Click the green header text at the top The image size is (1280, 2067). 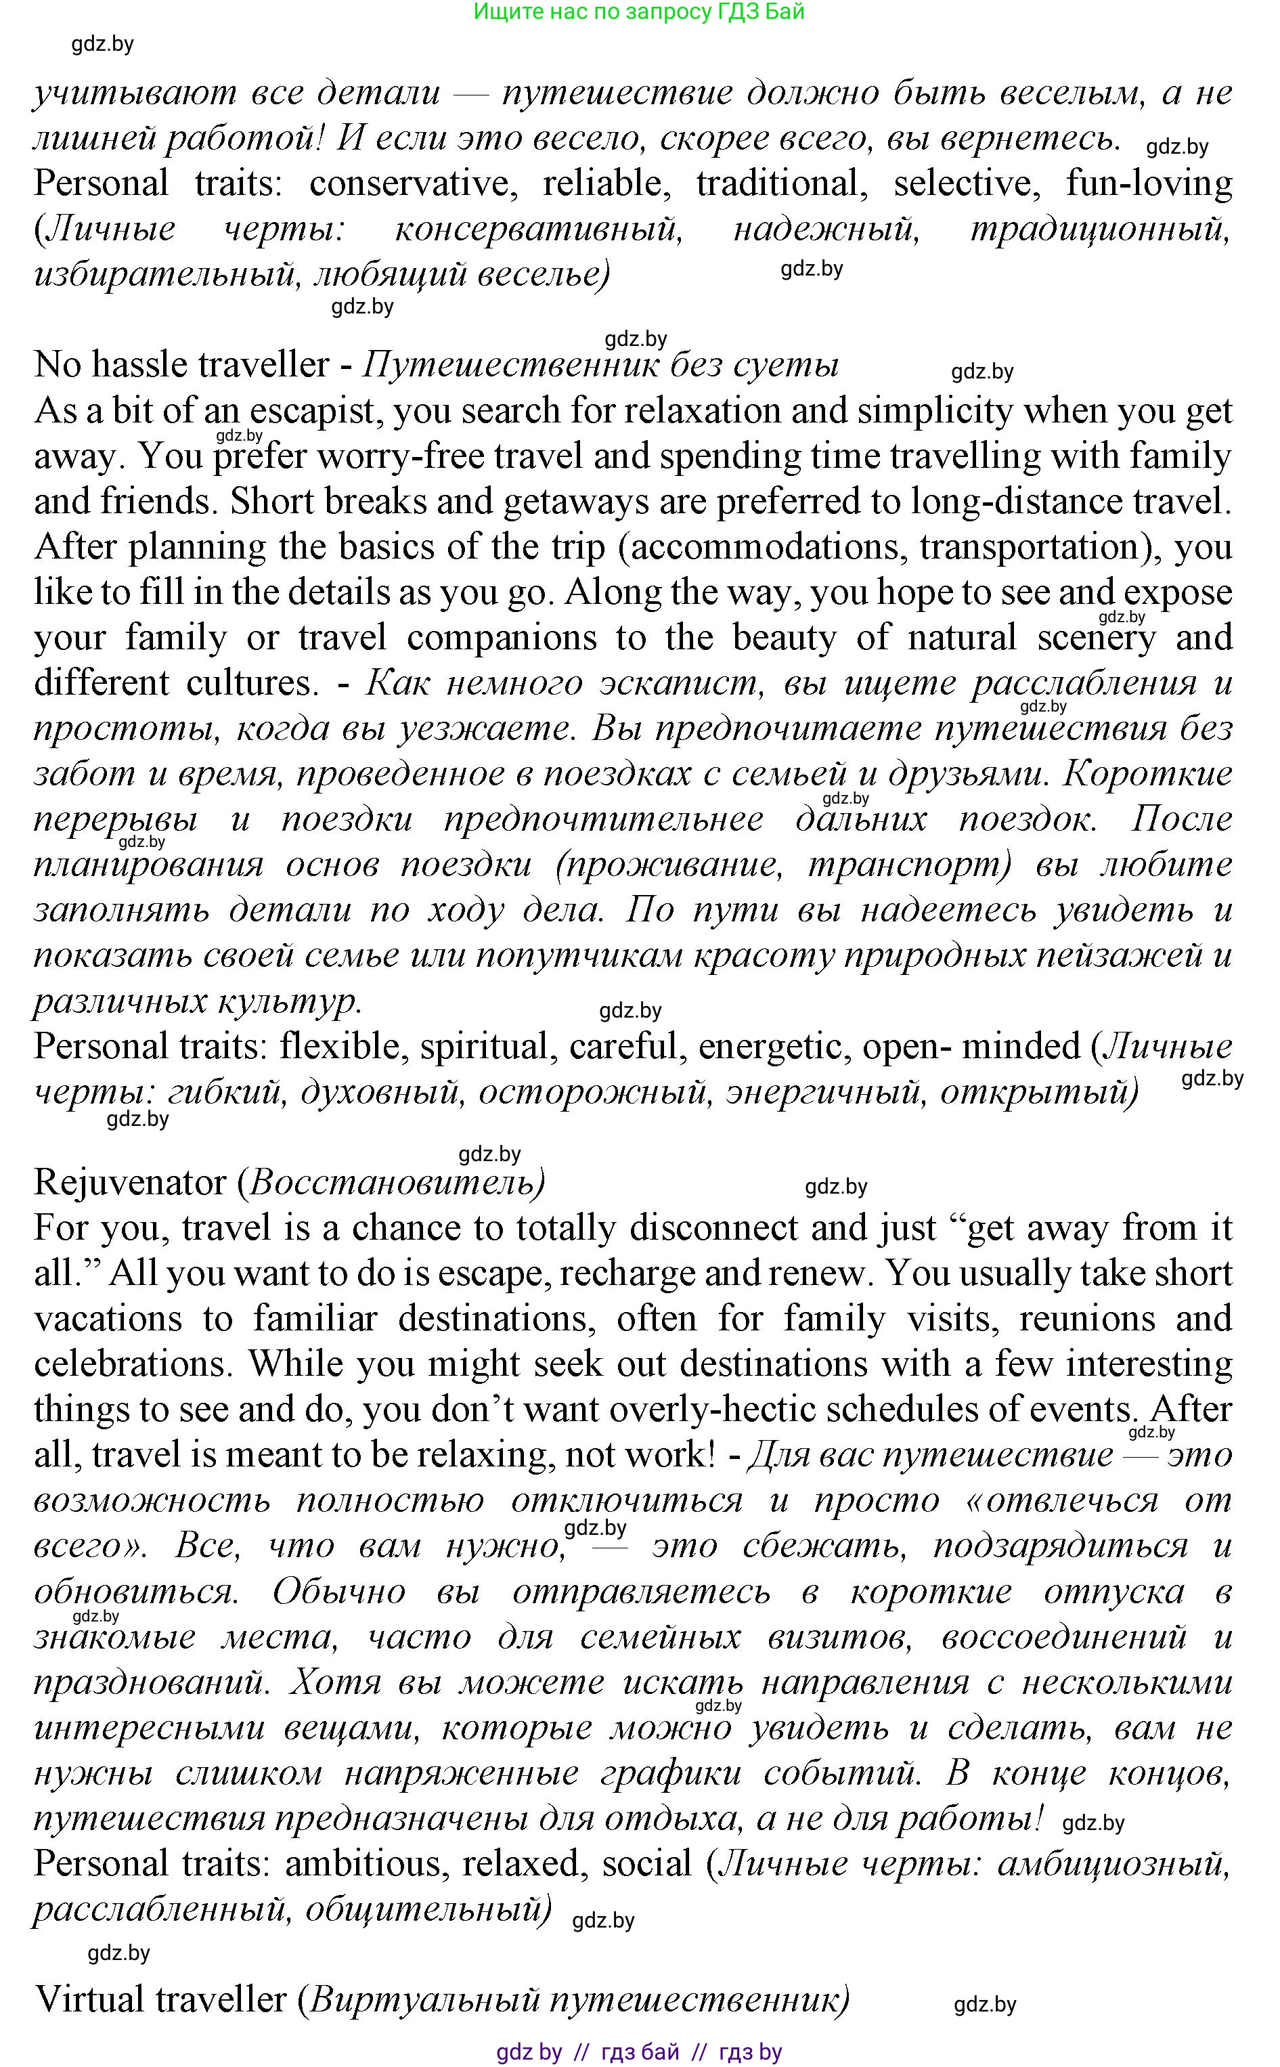(x=638, y=12)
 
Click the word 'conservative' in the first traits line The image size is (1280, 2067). (x=413, y=183)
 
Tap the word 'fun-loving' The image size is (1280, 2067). (x=1149, y=183)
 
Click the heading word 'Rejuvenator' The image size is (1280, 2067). (x=129, y=1183)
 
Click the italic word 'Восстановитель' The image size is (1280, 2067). (x=392, y=1183)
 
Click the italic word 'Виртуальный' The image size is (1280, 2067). (x=424, y=2000)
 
